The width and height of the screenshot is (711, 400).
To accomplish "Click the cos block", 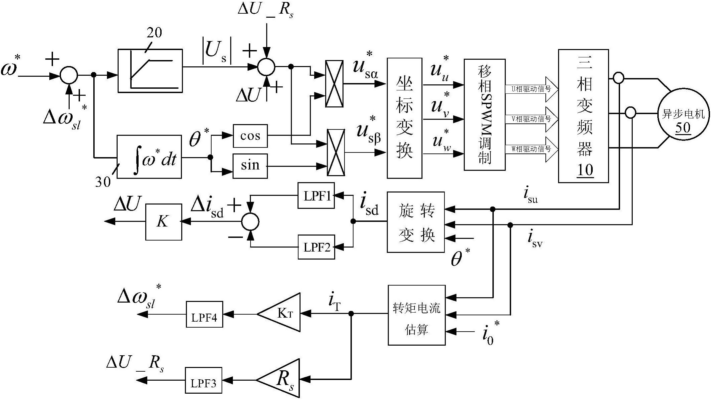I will tap(250, 136).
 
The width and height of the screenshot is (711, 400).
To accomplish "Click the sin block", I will tap(250, 165).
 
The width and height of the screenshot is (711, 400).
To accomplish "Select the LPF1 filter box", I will tap(316, 195).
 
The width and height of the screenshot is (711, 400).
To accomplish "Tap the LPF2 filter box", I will tap(316, 247).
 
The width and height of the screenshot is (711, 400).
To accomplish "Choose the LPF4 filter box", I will tap(204, 314).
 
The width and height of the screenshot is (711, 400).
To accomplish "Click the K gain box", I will tap(164, 222).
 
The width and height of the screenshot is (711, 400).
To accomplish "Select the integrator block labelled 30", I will tap(149, 157).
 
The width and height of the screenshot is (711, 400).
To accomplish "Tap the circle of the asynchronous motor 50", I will tap(683, 114).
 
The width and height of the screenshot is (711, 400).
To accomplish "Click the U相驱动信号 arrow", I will tap(531, 89).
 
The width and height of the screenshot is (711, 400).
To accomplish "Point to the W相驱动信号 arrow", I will tap(531, 149).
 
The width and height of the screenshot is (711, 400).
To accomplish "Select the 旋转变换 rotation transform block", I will tap(415, 222).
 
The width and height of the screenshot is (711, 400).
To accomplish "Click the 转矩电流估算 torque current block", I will tap(416, 315).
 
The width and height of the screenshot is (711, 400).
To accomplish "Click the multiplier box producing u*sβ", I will tap(336, 152).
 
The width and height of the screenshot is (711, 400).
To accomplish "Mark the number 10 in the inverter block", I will tap(585, 170).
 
